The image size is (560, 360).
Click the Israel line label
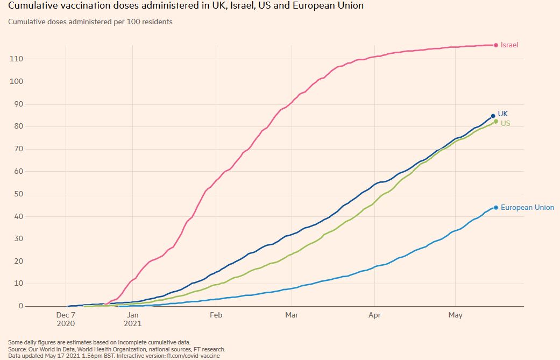tap(509, 45)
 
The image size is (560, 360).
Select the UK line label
tap(502, 114)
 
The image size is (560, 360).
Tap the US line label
tap(505, 123)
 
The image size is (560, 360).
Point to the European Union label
tap(527, 207)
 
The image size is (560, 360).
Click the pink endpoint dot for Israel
tap(495, 45)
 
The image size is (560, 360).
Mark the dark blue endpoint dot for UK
tap(493, 116)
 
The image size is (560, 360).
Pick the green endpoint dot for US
tap(496, 122)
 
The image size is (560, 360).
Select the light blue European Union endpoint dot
tap(495, 208)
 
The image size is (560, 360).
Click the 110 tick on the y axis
tap(17, 59)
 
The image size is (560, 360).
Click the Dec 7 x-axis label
tap(66, 315)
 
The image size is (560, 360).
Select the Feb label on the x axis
tap(216, 315)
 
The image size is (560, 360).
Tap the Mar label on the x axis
tap(292, 315)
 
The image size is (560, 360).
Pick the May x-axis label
tap(455, 315)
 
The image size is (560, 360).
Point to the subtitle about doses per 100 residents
tap(90, 22)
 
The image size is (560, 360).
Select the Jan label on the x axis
tap(132, 315)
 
